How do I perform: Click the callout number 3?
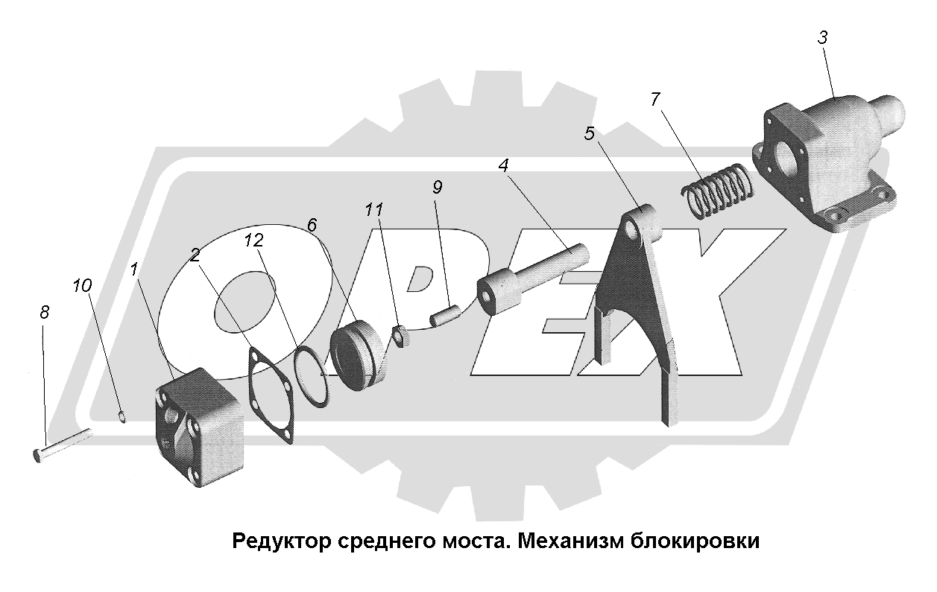pyautogui.click(x=822, y=38)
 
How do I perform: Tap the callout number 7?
pyautogui.click(x=654, y=100)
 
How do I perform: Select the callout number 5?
pyautogui.click(x=590, y=134)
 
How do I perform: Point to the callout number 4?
pyautogui.click(x=504, y=165)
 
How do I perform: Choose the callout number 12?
pyautogui.click(x=253, y=240)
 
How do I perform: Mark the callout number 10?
pyautogui.click(x=82, y=284)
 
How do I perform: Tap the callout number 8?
pyautogui.click(x=44, y=313)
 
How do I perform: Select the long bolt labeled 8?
pyautogui.click(x=63, y=443)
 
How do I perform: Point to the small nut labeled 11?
pyautogui.click(x=399, y=337)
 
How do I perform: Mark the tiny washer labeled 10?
pyautogui.click(x=123, y=416)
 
